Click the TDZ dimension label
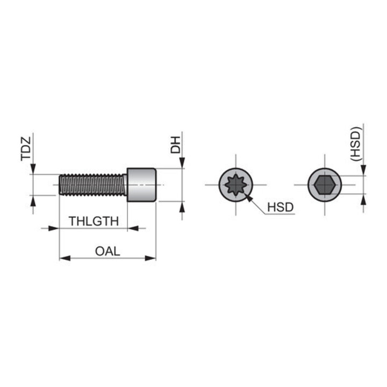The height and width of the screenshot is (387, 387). tap(26, 149)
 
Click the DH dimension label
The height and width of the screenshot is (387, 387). tap(175, 145)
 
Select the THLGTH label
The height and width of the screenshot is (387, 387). tap(94, 221)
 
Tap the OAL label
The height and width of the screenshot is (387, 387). tap(107, 251)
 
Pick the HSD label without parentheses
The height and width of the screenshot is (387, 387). tap(281, 207)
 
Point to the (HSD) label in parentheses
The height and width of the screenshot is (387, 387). tap(356, 144)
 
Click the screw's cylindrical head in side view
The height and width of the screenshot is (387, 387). tap(141, 185)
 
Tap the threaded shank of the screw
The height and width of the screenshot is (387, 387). tap(94, 185)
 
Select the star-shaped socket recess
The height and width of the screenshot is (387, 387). tap(236, 184)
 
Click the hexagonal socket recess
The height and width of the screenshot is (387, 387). tap(325, 185)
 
